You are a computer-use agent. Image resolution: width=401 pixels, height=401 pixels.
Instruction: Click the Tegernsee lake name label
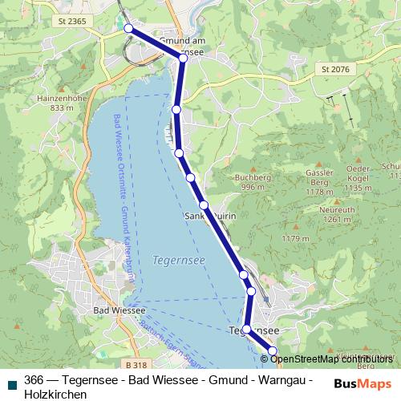tap(172, 260)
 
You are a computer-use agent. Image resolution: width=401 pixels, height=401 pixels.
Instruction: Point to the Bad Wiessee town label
tap(119, 311)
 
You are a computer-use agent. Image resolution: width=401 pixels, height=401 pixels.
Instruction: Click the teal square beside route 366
tap(11, 383)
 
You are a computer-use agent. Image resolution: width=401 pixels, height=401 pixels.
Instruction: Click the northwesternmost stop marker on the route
tap(128, 28)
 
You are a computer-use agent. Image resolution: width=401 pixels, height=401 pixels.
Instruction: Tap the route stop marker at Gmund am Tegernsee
tap(183, 58)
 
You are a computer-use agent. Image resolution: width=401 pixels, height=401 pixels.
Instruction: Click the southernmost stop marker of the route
tap(272, 350)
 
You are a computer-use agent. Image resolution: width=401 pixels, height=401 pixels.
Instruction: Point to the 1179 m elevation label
tap(295, 239)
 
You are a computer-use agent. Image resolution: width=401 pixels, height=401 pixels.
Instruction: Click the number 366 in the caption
tap(34, 380)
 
